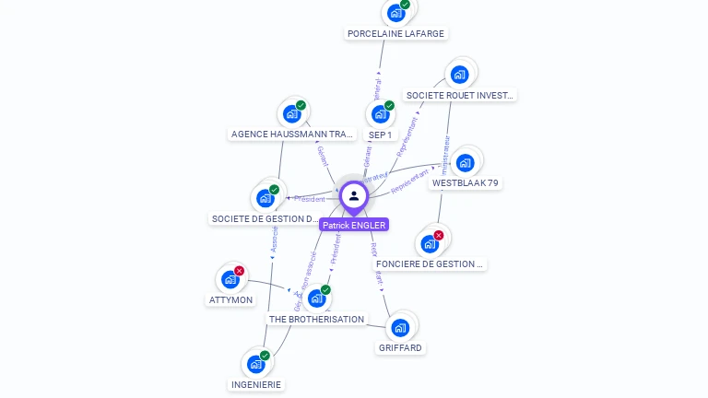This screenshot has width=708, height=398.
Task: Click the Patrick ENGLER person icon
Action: pyautogui.click(x=354, y=195)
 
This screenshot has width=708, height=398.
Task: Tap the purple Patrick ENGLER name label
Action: pyautogui.click(x=354, y=225)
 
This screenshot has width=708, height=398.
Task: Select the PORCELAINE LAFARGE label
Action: pyautogui.click(x=395, y=33)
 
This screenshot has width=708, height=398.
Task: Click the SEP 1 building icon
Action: pyautogui.click(x=378, y=115)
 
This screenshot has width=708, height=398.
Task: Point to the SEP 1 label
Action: pyautogui.click(x=380, y=135)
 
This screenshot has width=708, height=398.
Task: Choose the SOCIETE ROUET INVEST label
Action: pyautogui.click(x=460, y=95)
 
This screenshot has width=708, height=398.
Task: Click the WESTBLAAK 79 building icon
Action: pyautogui.click(x=465, y=163)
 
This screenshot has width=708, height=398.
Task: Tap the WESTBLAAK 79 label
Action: pyautogui.click(x=465, y=183)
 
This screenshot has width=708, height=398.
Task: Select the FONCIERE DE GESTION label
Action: pyautogui.click(x=430, y=263)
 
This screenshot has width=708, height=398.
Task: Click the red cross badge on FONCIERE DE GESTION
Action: pyautogui.click(x=439, y=235)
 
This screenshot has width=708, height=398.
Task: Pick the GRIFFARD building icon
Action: pyautogui.click(x=400, y=327)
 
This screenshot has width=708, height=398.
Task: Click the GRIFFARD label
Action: pyautogui.click(x=400, y=348)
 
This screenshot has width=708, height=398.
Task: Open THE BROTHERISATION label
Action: pyautogui.click(x=316, y=319)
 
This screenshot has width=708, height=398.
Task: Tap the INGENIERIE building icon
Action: pyautogui.click(x=255, y=364)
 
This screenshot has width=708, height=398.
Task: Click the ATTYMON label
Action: pyautogui.click(x=230, y=299)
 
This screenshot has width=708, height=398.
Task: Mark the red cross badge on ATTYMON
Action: pyautogui.click(x=240, y=271)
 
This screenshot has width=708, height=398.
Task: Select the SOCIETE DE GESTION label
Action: pyautogui.click(x=265, y=219)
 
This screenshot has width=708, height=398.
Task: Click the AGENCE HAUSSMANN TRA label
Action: pyautogui.click(x=292, y=135)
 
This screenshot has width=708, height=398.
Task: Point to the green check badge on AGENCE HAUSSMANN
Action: pyautogui.click(x=301, y=105)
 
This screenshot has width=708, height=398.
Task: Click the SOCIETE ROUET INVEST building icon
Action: pyautogui.click(x=459, y=75)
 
